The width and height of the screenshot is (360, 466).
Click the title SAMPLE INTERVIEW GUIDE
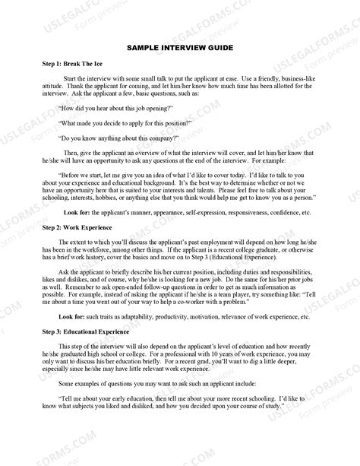click(180, 47)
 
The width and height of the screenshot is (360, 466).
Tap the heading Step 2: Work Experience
click(78, 228)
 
